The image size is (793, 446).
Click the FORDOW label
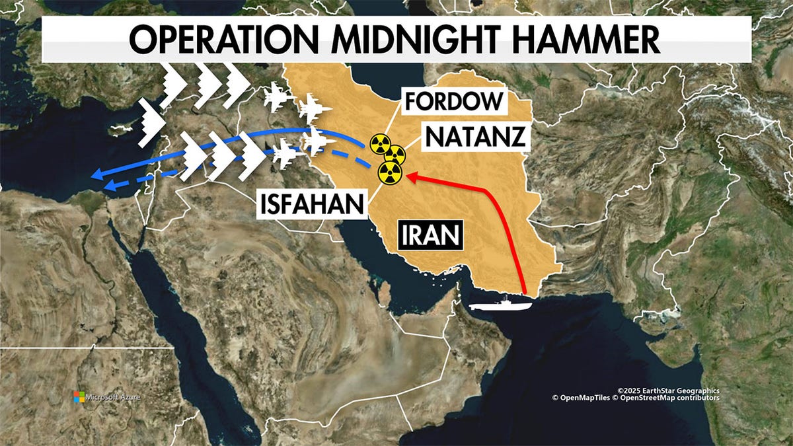453,103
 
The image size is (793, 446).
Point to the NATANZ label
476,137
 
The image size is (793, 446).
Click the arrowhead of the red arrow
408,176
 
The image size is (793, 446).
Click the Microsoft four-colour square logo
79,396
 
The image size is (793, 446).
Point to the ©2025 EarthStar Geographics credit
668,390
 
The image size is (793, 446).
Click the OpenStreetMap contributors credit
674,398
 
